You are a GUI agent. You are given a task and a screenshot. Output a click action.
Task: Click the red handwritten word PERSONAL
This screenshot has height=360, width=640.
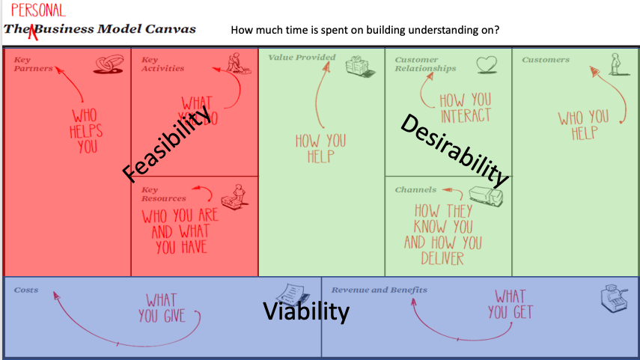pyautogui.click(x=38, y=10)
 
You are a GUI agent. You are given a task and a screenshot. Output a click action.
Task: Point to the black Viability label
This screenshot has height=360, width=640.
pyautogui.click(x=305, y=311)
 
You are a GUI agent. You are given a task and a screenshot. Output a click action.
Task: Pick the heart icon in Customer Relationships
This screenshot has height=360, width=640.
pyautogui.click(x=487, y=64)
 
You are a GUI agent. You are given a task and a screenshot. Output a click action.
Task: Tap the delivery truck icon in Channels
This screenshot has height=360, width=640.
pyautogui.click(x=484, y=195)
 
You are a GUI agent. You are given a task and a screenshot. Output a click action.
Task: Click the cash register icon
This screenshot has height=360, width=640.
pyautogui.click(x=612, y=300)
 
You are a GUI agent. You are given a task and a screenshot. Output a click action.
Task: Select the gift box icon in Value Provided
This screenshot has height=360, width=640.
pyautogui.click(x=359, y=67)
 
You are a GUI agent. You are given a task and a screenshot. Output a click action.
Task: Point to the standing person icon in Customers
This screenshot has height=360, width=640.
pyautogui.click(x=615, y=64)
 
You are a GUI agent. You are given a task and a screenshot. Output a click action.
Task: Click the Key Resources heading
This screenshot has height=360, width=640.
pyautogui.click(x=163, y=195)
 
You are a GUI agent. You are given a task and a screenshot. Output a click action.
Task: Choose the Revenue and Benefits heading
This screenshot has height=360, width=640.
pyautogui.click(x=380, y=290)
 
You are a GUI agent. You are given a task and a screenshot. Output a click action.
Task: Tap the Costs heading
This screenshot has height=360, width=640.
pyautogui.click(x=25, y=290)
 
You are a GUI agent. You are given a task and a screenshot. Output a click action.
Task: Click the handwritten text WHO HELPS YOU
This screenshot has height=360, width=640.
pyautogui.click(x=88, y=131)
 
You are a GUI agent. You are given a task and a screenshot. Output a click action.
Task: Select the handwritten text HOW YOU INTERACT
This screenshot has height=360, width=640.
pyautogui.click(x=465, y=108)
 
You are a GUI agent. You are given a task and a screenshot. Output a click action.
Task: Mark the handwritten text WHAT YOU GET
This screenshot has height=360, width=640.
pyautogui.click(x=509, y=304)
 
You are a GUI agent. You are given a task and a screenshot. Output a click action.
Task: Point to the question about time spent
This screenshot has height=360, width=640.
pyautogui.click(x=365, y=31)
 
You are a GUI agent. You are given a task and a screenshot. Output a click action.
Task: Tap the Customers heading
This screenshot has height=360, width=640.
pyautogui.click(x=546, y=60)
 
